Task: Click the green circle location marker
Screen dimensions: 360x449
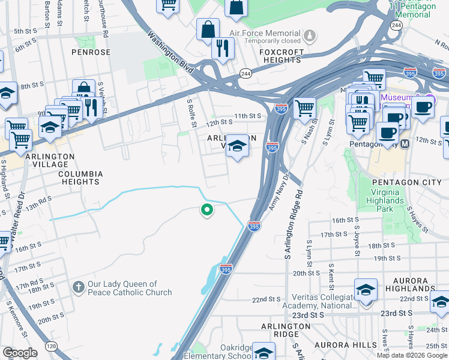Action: [x=207, y=210]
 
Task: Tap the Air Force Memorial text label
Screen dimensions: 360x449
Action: [x=263, y=34]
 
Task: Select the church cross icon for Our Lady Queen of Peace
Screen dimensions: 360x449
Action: [x=77, y=287]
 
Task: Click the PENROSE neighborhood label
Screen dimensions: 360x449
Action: [x=91, y=52]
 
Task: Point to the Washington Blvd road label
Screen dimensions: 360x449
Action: [x=171, y=52]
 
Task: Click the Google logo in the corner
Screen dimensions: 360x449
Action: [x=20, y=353]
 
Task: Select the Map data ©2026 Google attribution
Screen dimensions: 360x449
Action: [x=412, y=355]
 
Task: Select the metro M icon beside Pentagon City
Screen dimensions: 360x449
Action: [x=405, y=144]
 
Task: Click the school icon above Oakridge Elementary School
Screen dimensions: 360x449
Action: [x=263, y=352]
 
